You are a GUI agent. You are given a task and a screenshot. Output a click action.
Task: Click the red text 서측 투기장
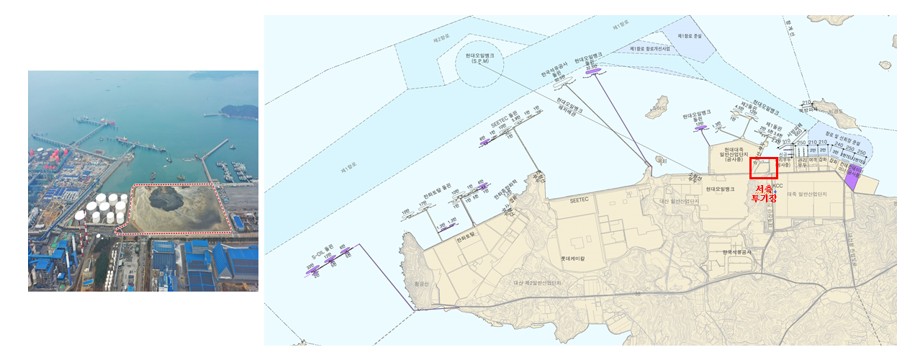point(764,193)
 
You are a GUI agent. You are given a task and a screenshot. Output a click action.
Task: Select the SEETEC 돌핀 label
point(505,121)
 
